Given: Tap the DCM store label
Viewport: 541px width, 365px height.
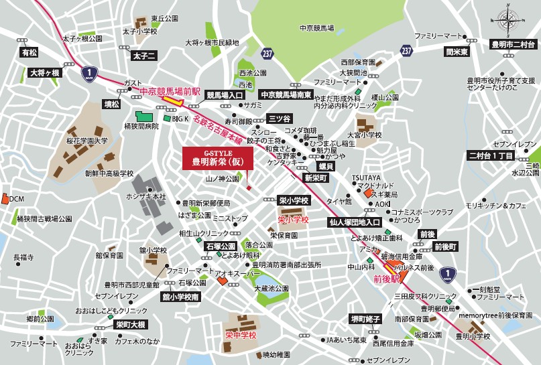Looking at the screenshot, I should coord(16,199).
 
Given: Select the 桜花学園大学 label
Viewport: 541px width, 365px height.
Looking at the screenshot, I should coord(87,142).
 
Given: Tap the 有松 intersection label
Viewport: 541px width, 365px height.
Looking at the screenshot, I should coord(29,52).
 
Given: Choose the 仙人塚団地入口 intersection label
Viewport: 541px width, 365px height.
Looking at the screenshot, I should coord(355,222).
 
